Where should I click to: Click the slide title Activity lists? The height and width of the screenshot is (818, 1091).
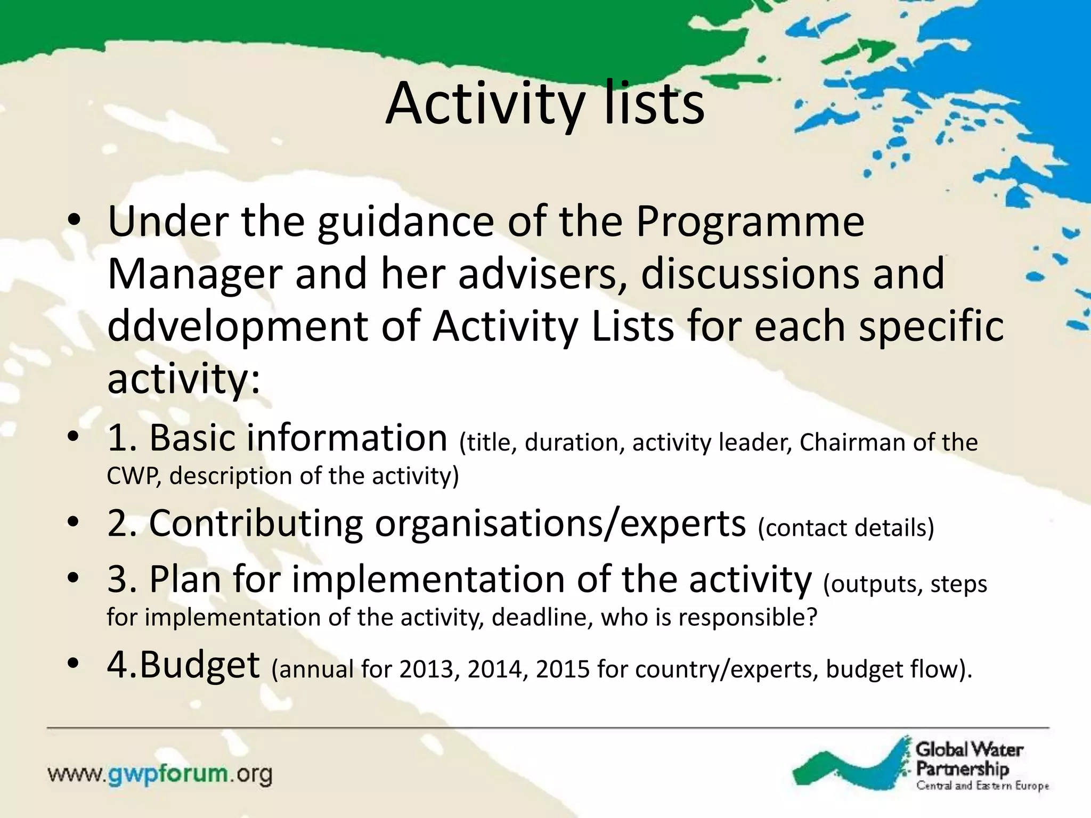click(544, 104)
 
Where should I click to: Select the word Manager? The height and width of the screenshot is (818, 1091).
click(194, 274)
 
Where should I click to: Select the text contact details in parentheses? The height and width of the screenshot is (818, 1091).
click(846, 528)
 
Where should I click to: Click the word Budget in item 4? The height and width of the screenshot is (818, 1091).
click(199, 666)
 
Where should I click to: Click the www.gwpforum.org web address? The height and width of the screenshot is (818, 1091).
click(160, 774)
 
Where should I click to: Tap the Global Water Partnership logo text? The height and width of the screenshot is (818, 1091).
click(968, 759)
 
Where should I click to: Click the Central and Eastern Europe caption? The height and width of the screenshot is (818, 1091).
click(982, 786)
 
